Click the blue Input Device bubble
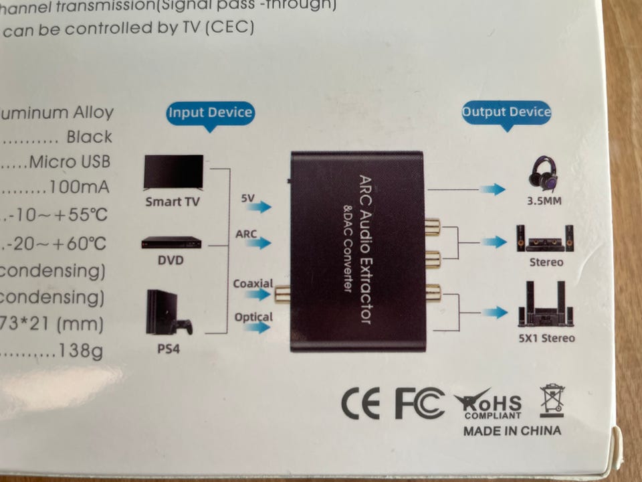210,112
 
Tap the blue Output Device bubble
506,112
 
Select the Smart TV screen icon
173,173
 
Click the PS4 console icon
168,313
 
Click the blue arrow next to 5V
261,206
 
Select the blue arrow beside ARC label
261,242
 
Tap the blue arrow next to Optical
261,327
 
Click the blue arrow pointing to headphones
493,189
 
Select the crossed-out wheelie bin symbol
552,400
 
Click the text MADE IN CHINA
512,430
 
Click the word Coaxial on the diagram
253,283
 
